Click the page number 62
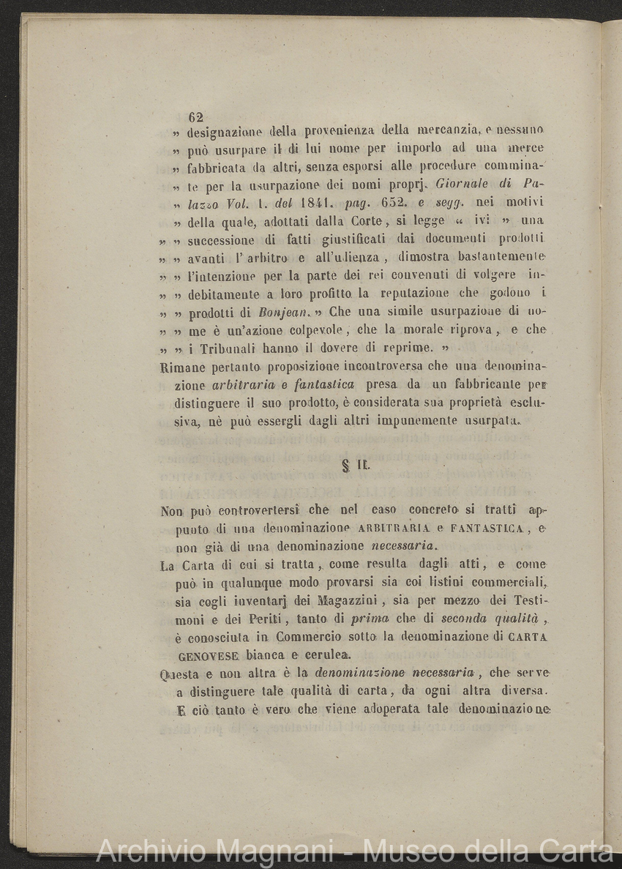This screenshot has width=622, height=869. point(195,116)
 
